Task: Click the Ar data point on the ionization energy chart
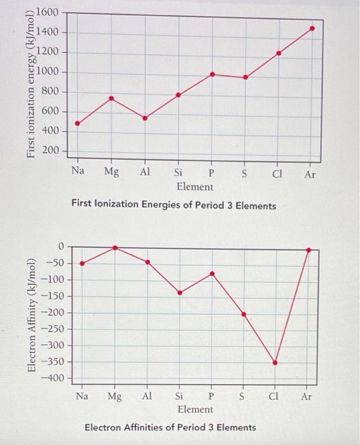pyautogui.click(x=312, y=29)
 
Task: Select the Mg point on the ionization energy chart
pyautogui.click(x=111, y=99)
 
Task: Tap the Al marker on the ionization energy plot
pyautogui.click(x=145, y=118)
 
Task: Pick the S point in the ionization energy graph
pyautogui.click(x=246, y=77)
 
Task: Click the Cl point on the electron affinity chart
pyautogui.click(x=275, y=363)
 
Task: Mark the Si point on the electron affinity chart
pyautogui.click(x=180, y=292)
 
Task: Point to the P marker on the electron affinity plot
pyautogui.click(x=212, y=273)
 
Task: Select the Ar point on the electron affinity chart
pyautogui.click(x=308, y=250)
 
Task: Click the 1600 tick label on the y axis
pyautogui.click(x=47, y=13)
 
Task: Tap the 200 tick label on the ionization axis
pyautogui.click(x=50, y=150)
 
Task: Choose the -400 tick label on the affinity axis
pyautogui.click(x=53, y=378)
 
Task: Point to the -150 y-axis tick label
pyautogui.click(x=53, y=296)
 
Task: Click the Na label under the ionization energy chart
pyautogui.click(x=78, y=170)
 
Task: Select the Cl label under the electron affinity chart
pyautogui.click(x=273, y=396)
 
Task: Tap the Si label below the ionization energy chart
pyautogui.click(x=178, y=172)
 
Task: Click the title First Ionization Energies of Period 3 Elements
pyautogui.click(x=174, y=205)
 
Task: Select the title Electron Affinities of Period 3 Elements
pyautogui.click(x=170, y=427)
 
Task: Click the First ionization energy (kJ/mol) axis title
pyautogui.click(x=31, y=85)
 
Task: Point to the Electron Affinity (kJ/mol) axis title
pyautogui.click(x=32, y=315)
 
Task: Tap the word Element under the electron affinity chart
pyautogui.click(x=195, y=409)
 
